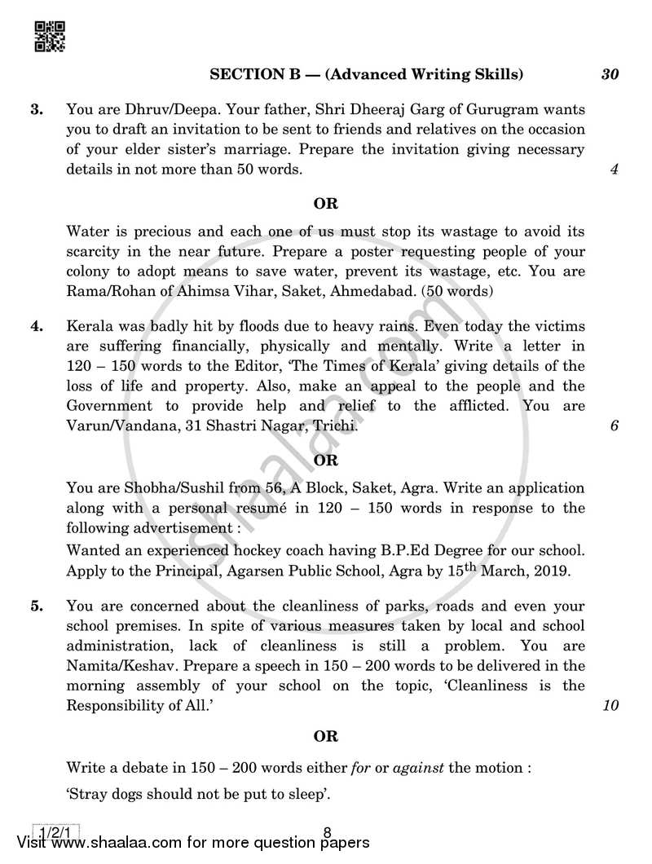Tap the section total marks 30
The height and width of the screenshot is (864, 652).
tap(610, 74)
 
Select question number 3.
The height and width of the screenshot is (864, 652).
tap(36, 108)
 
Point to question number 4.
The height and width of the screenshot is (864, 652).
tap(36, 327)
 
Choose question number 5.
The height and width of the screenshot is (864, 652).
tap(36, 606)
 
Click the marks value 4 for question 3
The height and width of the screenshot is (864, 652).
tap(614, 170)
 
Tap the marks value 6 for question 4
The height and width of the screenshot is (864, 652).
tap(614, 425)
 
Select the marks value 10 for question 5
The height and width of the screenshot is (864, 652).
tap(610, 705)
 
